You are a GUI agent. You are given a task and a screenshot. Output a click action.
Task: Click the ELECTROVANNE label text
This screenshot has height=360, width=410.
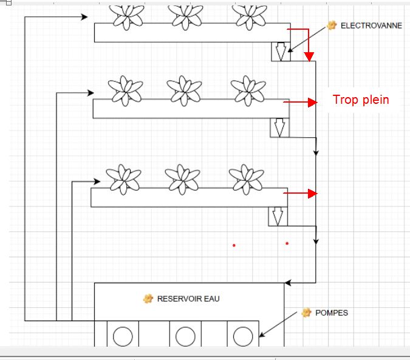371,25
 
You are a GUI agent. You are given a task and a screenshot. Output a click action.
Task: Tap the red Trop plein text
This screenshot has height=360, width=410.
361,100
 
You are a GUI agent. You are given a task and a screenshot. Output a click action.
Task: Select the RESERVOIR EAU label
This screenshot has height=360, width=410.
188,299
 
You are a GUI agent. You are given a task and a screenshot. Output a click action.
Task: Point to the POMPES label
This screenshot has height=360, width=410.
332,313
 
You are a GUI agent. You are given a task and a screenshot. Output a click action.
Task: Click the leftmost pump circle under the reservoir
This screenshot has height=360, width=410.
123,336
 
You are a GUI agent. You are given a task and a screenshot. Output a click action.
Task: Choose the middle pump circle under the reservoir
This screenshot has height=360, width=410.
185,336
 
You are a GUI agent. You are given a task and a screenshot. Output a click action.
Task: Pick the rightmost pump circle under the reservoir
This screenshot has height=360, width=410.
242,336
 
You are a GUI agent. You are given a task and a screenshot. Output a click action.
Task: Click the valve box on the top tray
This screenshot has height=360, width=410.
280,52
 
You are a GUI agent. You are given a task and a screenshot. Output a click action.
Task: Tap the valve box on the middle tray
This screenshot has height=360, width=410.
279,128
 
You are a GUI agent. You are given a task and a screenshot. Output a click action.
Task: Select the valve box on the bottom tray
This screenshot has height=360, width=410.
278,217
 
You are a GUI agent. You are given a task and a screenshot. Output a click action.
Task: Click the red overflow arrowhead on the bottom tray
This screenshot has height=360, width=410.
313,194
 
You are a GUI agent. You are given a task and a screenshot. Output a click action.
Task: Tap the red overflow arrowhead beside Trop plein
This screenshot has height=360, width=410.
313,103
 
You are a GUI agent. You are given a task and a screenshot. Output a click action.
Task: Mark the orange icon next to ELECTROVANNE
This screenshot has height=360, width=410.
332,25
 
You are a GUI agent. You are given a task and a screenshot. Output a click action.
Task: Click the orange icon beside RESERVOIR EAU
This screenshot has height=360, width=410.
148,299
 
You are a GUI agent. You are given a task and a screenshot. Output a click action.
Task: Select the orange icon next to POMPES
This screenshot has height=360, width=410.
307,313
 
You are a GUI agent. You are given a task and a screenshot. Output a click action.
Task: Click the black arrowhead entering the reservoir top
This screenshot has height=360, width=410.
289,282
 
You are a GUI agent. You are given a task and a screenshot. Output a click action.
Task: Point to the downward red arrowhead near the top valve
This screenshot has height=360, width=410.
309,58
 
